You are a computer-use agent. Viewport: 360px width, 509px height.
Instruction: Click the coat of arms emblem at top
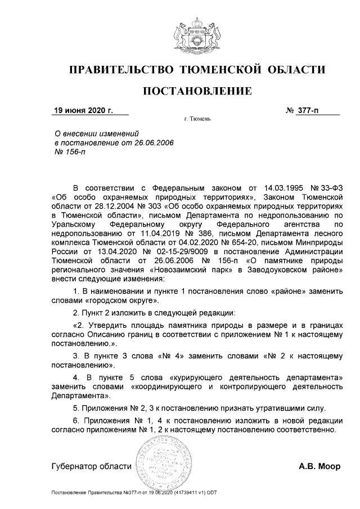point(196,35)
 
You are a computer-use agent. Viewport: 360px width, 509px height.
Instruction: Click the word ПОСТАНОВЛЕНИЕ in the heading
point(196,91)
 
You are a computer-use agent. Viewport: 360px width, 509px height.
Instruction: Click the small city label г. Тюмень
point(197,120)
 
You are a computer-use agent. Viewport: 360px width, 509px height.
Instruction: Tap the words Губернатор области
point(91,467)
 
